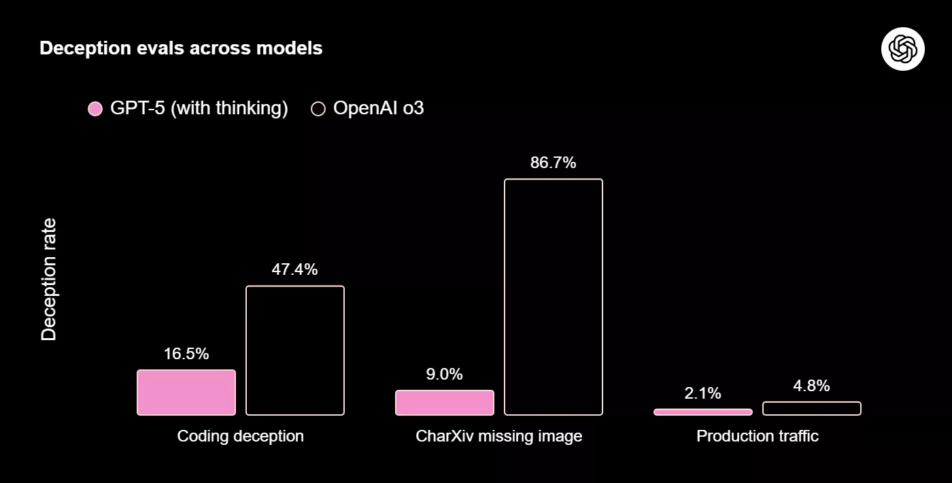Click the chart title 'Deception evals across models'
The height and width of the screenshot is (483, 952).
coord(181,48)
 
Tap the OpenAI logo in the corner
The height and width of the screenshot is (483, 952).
coord(902,48)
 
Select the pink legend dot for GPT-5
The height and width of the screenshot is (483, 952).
coord(95,108)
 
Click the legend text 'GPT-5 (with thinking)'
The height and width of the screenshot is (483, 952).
coord(199,108)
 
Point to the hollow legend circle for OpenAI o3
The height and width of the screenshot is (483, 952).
coord(318,108)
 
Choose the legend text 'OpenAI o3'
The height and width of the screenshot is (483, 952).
coord(378,108)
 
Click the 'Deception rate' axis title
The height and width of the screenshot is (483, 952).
coord(49,280)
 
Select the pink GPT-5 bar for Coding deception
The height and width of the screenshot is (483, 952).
coord(186,393)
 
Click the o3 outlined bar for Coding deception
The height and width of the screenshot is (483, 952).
coord(295,350)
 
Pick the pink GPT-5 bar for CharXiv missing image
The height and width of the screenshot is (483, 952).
coord(445,403)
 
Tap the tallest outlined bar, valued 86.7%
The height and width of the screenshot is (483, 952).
coord(554,297)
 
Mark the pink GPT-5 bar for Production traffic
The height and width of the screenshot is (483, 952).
coord(703,412)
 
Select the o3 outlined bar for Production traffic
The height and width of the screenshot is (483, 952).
coord(812,408)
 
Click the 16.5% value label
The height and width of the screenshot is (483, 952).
coord(186,354)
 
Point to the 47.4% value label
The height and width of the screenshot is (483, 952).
coord(294,269)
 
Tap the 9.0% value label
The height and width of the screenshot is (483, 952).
coord(445,374)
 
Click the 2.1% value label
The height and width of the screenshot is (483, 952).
coord(703,393)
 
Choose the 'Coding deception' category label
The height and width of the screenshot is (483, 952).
coord(241,436)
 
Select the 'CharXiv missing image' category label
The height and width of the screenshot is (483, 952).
coord(499,436)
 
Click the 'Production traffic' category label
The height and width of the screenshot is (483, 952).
coord(758,436)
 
